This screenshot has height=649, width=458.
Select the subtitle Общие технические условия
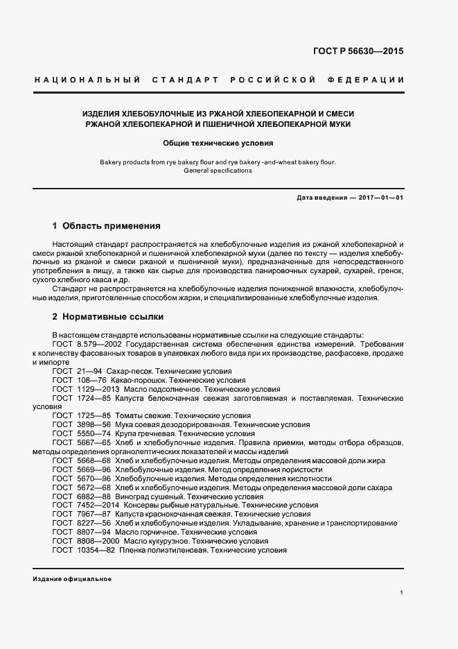(x=218, y=144)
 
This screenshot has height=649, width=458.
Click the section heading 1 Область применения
(x=107, y=226)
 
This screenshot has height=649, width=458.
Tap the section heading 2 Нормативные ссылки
(x=108, y=317)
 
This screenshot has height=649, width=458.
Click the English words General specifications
(x=218, y=171)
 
